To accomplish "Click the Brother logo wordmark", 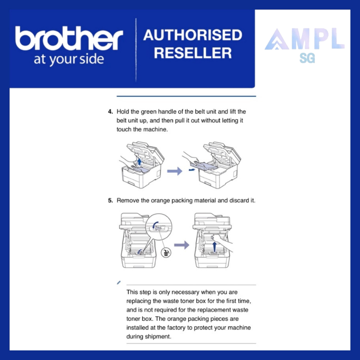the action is point(69,38).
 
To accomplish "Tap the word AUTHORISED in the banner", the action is point(193,35).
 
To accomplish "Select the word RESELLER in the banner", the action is point(193,53).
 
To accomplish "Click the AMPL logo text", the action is point(305,39).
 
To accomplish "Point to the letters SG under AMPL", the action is point(307,58).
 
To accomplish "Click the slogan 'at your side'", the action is point(69,60).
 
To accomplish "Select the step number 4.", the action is point(110,112).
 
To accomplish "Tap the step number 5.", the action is point(110,201).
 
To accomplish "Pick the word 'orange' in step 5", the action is point(160,201).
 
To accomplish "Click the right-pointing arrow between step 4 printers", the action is point(175,171).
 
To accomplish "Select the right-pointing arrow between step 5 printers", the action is point(182,245).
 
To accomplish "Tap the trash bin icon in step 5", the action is point(166,253).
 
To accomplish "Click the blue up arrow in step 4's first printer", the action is point(139,161).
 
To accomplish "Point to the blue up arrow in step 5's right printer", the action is point(214,247).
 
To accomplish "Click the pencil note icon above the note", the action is point(119,283).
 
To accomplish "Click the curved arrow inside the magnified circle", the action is point(155,225).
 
